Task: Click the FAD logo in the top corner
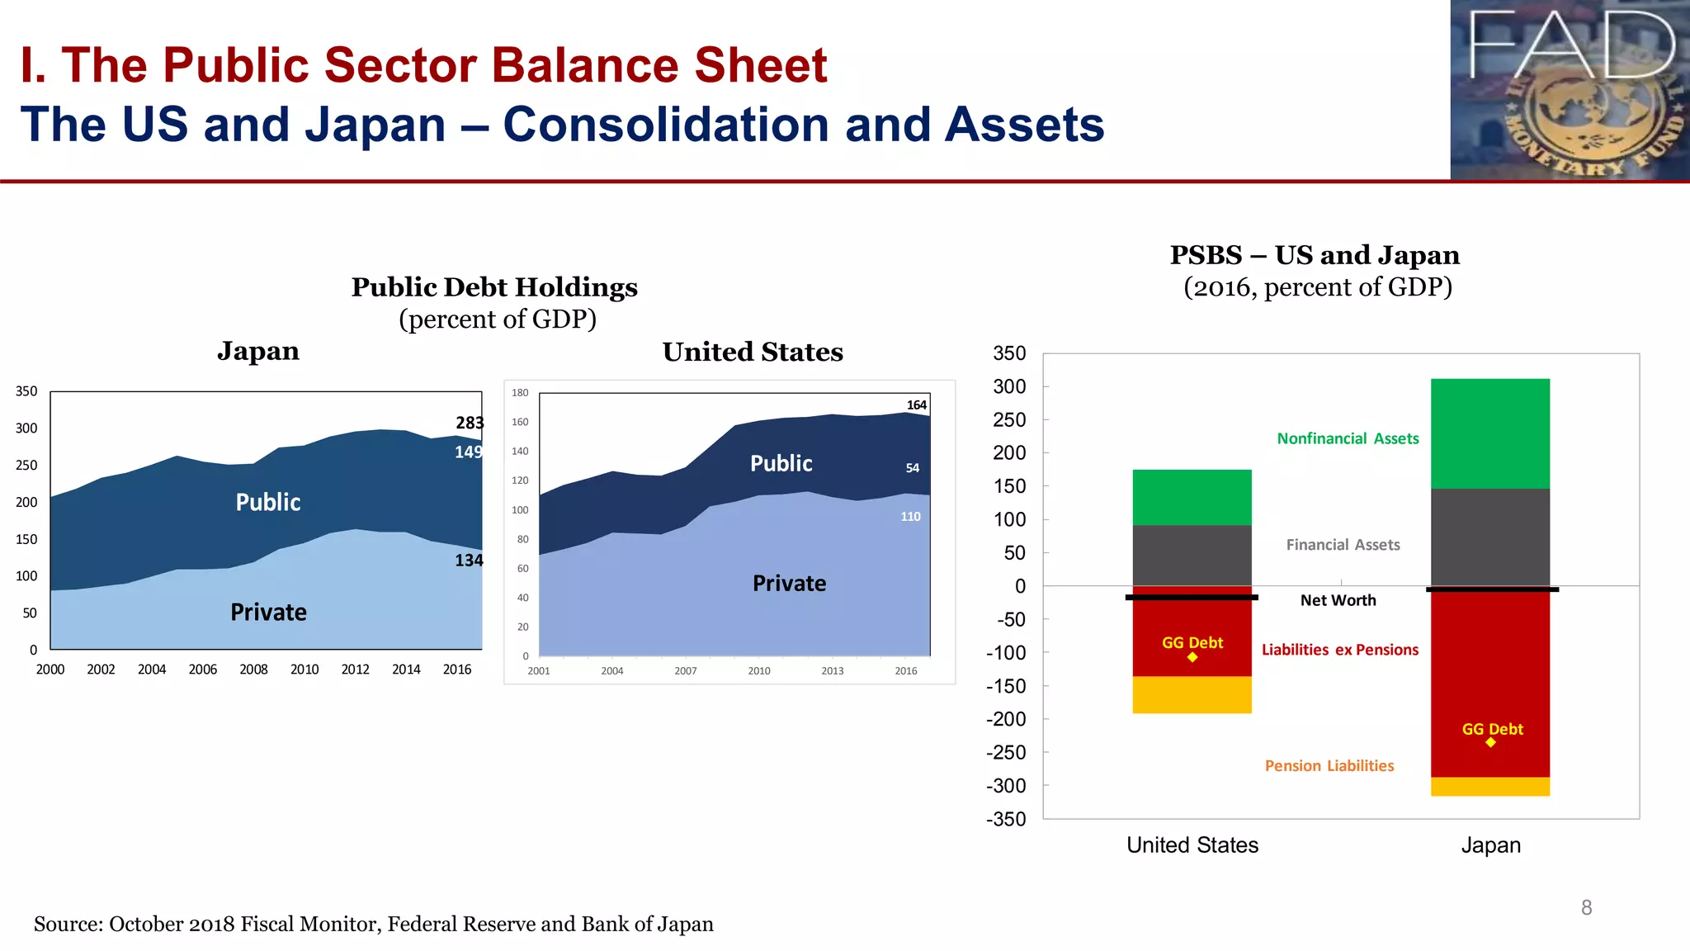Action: click(x=1570, y=89)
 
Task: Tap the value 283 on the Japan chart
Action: click(x=470, y=423)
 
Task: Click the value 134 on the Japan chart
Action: click(x=469, y=561)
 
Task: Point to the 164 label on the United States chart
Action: click(x=916, y=405)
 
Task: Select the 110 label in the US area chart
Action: click(x=910, y=517)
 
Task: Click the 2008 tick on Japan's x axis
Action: click(x=253, y=669)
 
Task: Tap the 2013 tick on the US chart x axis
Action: click(x=832, y=671)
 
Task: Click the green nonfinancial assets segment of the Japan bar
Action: click(x=1489, y=433)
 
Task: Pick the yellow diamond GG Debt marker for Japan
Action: click(x=1490, y=742)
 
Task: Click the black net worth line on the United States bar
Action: click(x=1192, y=597)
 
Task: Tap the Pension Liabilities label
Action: click(x=1329, y=766)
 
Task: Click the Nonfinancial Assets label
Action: click(x=1348, y=438)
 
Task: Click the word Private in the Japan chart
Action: click(x=268, y=613)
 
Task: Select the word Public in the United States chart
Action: click(x=781, y=464)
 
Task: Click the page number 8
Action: click(x=1586, y=908)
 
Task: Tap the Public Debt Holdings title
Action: click(x=494, y=287)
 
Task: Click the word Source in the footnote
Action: click(x=65, y=925)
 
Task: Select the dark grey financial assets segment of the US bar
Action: click(x=1192, y=555)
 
